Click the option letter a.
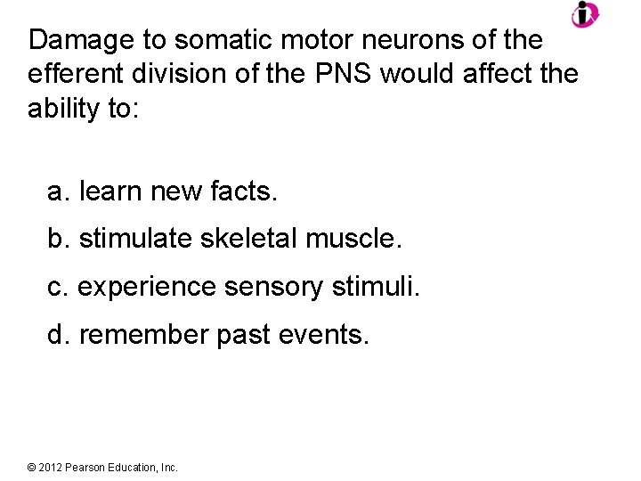tap(58, 191)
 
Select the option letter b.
tap(58, 239)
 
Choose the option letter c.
tap(57, 287)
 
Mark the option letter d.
tap(58, 335)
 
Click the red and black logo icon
tap(585, 14)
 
